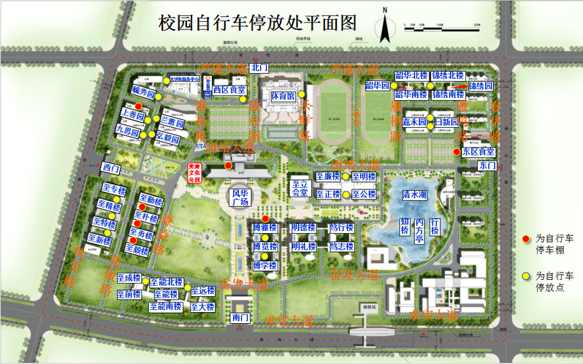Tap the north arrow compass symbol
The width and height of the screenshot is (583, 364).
(x=384, y=28)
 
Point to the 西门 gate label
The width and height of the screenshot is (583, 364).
(x=112, y=168)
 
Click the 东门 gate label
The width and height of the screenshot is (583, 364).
(x=487, y=166)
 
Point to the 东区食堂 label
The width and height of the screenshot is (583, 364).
(x=479, y=151)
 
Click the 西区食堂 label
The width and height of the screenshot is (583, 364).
(x=229, y=90)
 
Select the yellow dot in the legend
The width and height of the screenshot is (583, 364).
(x=525, y=276)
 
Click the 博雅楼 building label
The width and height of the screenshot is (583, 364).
(x=264, y=228)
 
